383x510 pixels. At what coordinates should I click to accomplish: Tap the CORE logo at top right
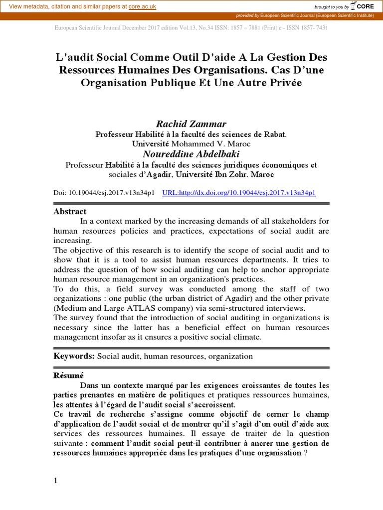pyautogui.click(x=363, y=6)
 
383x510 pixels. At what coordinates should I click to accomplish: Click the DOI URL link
pyautogui.click(x=239, y=192)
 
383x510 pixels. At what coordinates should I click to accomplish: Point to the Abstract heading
pyautogui.click(x=70, y=211)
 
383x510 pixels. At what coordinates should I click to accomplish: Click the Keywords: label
pyautogui.click(x=74, y=356)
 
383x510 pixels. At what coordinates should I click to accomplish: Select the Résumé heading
pyautogui.click(x=68, y=376)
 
